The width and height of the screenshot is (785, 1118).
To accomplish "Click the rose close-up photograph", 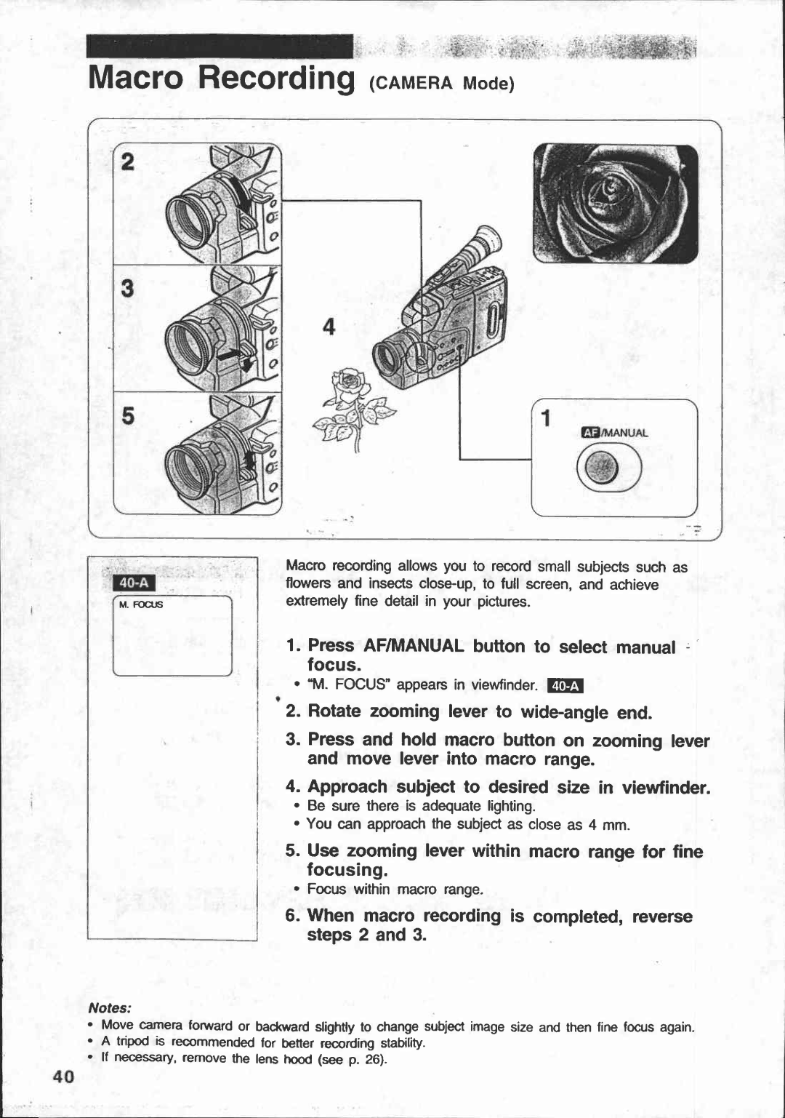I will click(615, 203).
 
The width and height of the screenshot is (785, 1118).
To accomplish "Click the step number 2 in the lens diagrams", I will click(127, 163).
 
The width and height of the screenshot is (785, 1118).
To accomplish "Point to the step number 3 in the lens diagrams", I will click(127, 289).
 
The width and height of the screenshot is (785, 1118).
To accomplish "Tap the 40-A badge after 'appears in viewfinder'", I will click(565, 685).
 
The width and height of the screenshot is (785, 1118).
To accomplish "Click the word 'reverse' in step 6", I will click(661, 916).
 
